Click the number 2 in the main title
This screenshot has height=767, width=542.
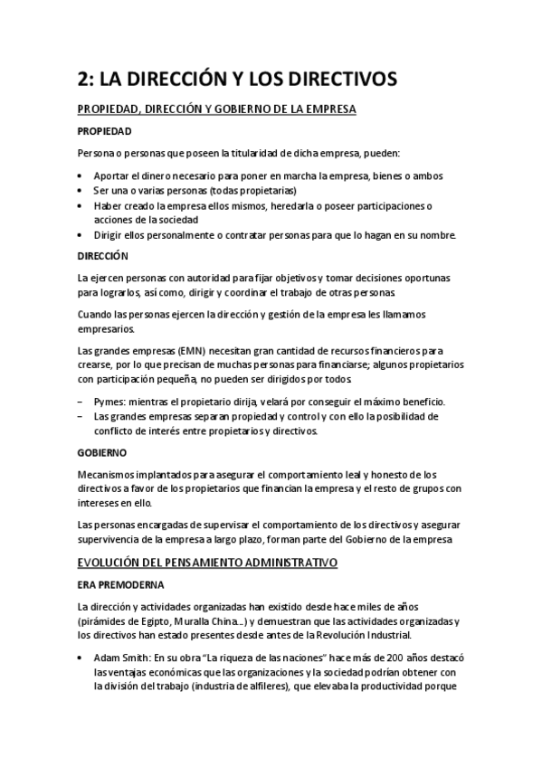[82, 80]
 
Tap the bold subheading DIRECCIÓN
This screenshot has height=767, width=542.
[103, 256]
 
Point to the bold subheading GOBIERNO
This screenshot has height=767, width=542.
[101, 450]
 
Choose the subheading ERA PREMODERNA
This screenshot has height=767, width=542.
[120, 584]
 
